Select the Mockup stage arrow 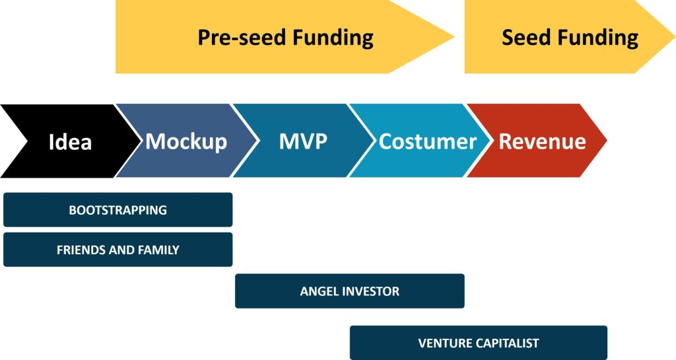coord(186,141)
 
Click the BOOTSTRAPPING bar coord(118,210)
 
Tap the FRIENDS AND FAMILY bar coord(118,250)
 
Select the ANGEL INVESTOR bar coord(349,291)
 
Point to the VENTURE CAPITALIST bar coord(478,343)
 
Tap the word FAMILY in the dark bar coord(158,250)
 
